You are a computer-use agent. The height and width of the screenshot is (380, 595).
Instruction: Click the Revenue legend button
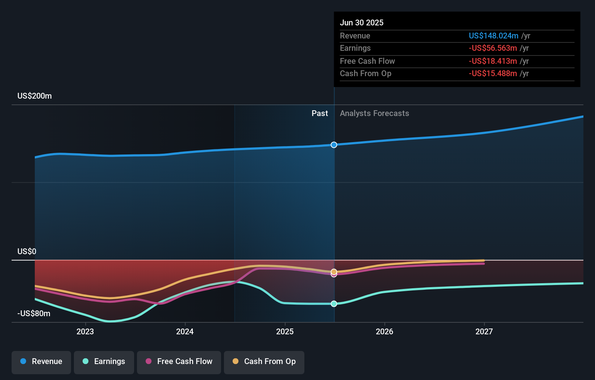pyautogui.click(x=41, y=362)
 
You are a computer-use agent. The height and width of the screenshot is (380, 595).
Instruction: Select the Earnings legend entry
pyautogui.click(x=104, y=362)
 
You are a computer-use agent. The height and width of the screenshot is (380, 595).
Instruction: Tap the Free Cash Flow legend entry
pyautogui.click(x=179, y=362)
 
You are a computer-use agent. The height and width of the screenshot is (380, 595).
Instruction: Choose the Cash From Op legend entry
pyautogui.click(x=264, y=362)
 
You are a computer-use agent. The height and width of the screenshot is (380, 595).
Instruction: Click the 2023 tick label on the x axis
pyautogui.click(x=85, y=331)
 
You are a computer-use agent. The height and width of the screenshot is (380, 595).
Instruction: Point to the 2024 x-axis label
pyautogui.click(x=185, y=331)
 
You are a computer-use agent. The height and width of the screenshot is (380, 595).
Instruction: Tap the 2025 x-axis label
pyautogui.click(x=285, y=331)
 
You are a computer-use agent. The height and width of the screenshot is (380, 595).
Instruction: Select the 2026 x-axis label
pyautogui.click(x=384, y=331)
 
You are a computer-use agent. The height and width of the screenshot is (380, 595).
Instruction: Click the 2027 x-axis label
pyautogui.click(x=484, y=331)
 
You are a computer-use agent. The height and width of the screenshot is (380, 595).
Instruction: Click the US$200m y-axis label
pyautogui.click(x=34, y=96)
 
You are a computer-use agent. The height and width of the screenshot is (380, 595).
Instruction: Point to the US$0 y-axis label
pyautogui.click(x=27, y=252)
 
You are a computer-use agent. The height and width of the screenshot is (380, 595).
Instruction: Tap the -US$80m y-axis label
pyautogui.click(x=34, y=314)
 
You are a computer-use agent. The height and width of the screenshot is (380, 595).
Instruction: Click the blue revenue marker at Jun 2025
pyautogui.click(x=334, y=145)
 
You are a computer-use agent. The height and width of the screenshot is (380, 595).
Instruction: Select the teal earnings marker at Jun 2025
pyautogui.click(x=334, y=303)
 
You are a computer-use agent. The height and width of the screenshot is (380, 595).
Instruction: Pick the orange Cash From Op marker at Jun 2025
pyautogui.click(x=334, y=271)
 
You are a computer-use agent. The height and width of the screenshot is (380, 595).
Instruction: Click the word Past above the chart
pyautogui.click(x=320, y=113)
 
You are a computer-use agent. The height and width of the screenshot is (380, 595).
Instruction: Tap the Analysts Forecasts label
pyautogui.click(x=374, y=113)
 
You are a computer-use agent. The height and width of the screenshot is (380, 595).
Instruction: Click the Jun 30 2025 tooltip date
pyautogui.click(x=361, y=22)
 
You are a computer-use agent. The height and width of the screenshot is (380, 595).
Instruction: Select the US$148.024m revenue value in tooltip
pyautogui.click(x=493, y=36)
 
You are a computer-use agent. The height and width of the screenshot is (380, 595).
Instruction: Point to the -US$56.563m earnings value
pyautogui.click(x=492, y=48)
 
